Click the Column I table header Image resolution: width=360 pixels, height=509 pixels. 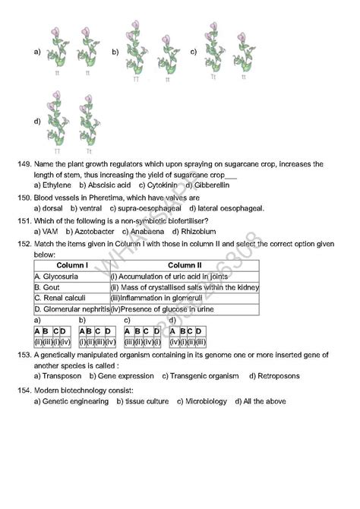click(x=71, y=266)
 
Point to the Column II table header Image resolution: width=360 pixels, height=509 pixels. click(x=185, y=266)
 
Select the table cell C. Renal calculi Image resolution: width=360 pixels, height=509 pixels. click(x=60, y=299)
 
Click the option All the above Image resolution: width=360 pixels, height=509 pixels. click(x=262, y=401)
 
